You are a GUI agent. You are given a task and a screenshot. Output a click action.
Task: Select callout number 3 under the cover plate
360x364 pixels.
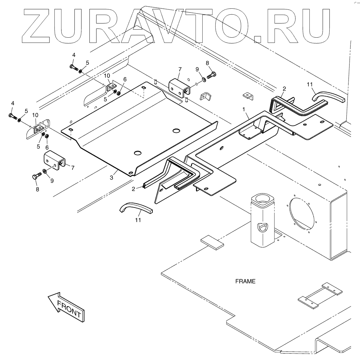point(111,177)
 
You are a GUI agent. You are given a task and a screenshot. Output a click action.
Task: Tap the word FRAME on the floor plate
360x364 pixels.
point(245,281)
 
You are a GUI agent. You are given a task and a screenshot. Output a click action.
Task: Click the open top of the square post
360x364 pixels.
point(262,199)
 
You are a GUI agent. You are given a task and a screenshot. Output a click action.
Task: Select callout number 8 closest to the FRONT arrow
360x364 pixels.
point(37,189)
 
